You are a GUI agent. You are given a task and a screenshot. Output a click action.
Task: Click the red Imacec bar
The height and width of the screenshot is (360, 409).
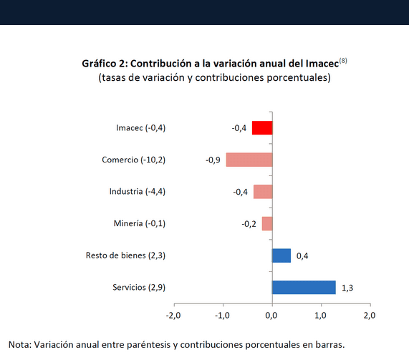[x=262, y=128]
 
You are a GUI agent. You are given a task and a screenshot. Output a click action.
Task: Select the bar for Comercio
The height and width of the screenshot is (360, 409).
[x=249, y=160]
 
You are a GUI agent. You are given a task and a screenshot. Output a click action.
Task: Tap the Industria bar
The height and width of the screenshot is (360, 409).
[x=263, y=192]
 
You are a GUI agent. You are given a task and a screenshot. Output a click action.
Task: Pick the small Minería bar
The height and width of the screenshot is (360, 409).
[x=266, y=223]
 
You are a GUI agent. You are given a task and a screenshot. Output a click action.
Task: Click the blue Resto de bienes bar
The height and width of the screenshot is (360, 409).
[x=282, y=256]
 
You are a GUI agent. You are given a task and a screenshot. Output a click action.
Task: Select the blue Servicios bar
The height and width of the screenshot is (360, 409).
[x=304, y=287]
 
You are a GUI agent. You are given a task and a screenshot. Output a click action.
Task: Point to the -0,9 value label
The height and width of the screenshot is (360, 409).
[x=213, y=160]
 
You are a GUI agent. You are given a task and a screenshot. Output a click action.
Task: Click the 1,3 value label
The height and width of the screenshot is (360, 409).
[x=347, y=288]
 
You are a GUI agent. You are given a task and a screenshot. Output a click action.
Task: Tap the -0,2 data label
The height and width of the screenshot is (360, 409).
[x=249, y=224]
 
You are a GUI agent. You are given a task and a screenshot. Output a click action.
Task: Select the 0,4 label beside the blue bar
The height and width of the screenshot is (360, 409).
[x=302, y=256]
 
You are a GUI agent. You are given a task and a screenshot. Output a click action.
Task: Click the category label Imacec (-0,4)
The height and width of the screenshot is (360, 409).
[x=140, y=128]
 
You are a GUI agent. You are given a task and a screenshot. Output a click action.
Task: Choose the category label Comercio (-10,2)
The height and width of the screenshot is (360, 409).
[x=133, y=160]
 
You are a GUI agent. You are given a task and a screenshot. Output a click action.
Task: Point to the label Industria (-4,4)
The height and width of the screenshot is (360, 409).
[x=138, y=192]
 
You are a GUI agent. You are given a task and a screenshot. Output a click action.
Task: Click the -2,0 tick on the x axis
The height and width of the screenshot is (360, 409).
[x=173, y=315]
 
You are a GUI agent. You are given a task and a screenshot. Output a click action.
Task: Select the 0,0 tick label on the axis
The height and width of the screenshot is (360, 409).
[x=271, y=315]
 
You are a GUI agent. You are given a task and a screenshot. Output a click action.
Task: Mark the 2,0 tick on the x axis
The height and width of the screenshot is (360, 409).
[x=370, y=315]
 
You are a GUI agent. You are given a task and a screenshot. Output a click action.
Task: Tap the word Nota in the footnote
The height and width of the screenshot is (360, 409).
[x=19, y=344]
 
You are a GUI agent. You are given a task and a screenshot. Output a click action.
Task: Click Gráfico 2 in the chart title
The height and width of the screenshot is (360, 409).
[x=104, y=63]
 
